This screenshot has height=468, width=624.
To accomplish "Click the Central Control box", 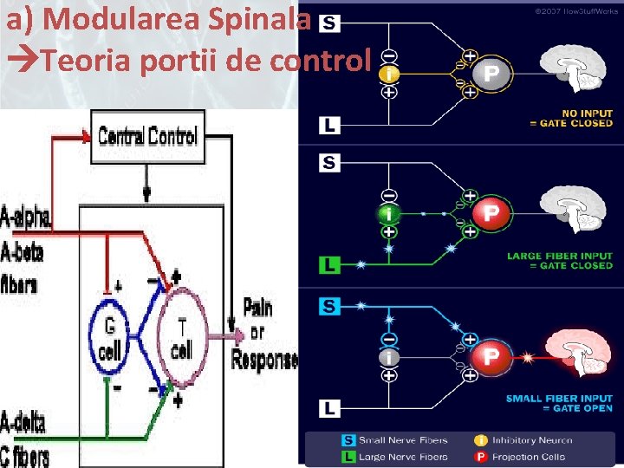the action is click(x=147, y=136).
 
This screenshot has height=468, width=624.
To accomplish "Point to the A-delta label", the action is click(x=23, y=423).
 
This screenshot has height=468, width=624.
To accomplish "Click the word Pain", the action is click(x=257, y=307).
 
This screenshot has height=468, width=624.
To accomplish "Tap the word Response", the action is click(x=264, y=360).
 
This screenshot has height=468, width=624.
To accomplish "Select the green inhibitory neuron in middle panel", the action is click(x=390, y=213).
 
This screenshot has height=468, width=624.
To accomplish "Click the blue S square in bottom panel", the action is click(x=328, y=305).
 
